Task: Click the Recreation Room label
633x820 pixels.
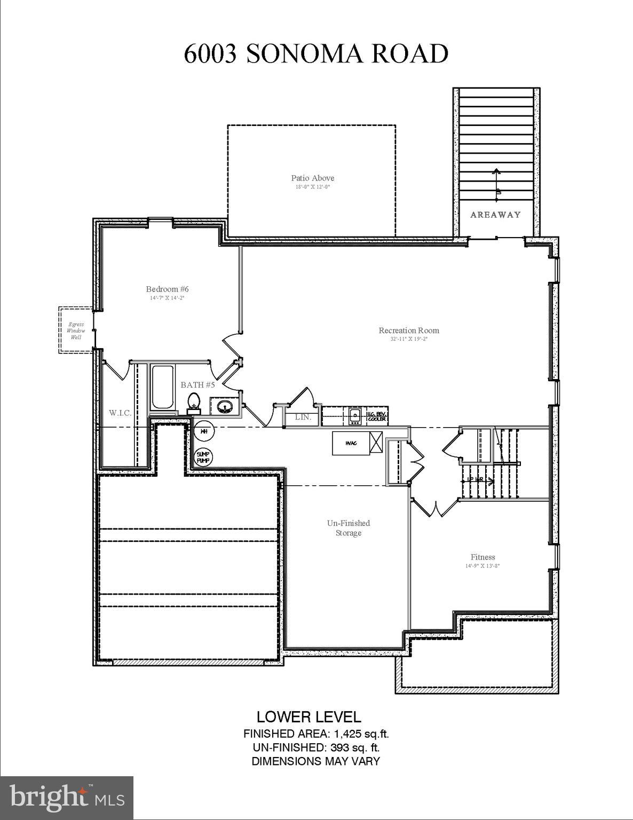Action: (x=409, y=330)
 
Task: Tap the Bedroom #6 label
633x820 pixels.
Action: (x=167, y=289)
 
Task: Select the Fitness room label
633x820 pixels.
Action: (x=482, y=557)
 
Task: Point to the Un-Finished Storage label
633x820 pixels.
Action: (x=348, y=528)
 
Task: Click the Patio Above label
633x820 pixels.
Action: (x=313, y=178)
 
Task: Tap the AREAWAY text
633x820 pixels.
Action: (x=495, y=215)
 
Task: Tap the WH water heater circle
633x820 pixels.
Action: (x=203, y=430)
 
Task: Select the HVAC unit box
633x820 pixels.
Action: (x=351, y=443)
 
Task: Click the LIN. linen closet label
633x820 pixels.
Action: (x=303, y=417)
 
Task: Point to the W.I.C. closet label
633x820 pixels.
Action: (x=120, y=413)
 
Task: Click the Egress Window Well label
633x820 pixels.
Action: (x=75, y=330)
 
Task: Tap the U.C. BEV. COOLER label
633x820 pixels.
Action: (x=377, y=416)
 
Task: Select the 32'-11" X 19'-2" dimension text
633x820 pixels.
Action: (x=409, y=339)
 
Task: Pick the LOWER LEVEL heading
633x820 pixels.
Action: (x=308, y=716)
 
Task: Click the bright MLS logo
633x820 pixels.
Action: (x=67, y=798)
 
